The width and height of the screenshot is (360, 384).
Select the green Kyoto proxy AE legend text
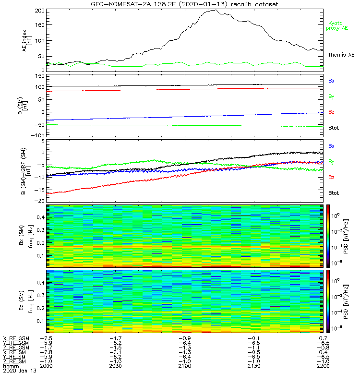(x=338, y=25)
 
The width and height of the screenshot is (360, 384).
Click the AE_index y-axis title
(x=29, y=41)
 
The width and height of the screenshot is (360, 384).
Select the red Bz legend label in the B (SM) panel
(x=331, y=112)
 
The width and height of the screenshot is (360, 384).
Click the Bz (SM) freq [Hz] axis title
(x=29, y=301)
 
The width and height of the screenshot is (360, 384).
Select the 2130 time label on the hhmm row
(x=254, y=366)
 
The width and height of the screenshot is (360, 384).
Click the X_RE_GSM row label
(x=16, y=338)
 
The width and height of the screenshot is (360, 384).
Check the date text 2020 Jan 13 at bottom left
(x=16, y=371)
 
